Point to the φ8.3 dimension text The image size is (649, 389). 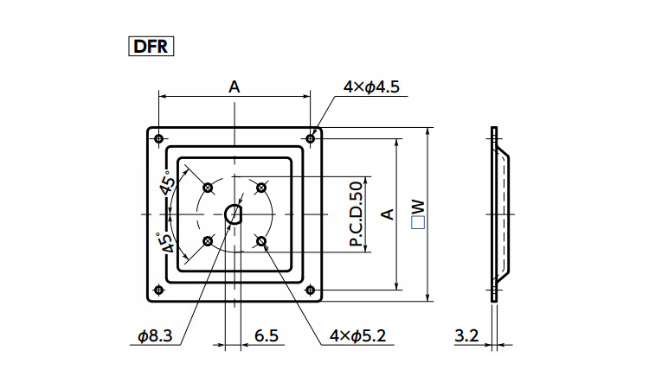coord(156,336)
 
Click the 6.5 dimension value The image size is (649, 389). coord(266,336)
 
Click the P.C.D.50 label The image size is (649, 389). coord(356,214)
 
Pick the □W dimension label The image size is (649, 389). coord(418,214)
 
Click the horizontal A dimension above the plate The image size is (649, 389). coord(234,87)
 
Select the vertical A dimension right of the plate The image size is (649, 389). coord(389,214)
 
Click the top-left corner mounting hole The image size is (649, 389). coord(158,138)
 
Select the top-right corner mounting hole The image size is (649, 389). coord(311,138)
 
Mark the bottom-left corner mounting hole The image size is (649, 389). coord(158,290)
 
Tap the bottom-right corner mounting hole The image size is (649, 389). coord(311,290)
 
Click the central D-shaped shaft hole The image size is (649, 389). coord(234,214)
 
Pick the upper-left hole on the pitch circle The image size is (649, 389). coord(207,187)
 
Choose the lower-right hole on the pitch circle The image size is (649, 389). coord(261,241)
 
